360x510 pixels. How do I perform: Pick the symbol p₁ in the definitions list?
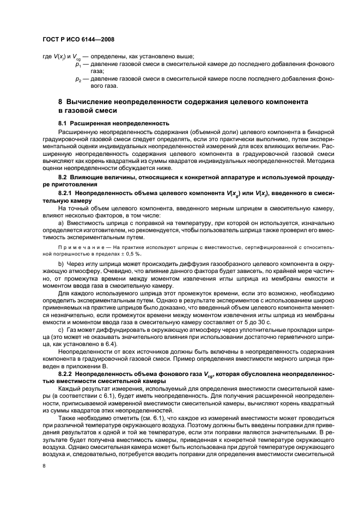78,64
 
